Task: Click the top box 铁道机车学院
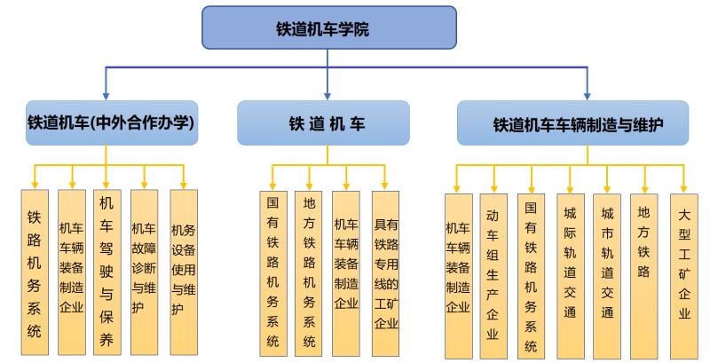pos(329,28)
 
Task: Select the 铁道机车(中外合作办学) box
pos(109,122)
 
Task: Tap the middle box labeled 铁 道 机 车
pos(323,122)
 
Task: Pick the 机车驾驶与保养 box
pos(107,272)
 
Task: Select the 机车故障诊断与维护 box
pos(145,272)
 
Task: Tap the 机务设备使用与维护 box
pos(183,272)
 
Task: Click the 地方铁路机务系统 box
pos(310,273)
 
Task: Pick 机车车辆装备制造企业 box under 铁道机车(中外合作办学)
pos(71,272)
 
